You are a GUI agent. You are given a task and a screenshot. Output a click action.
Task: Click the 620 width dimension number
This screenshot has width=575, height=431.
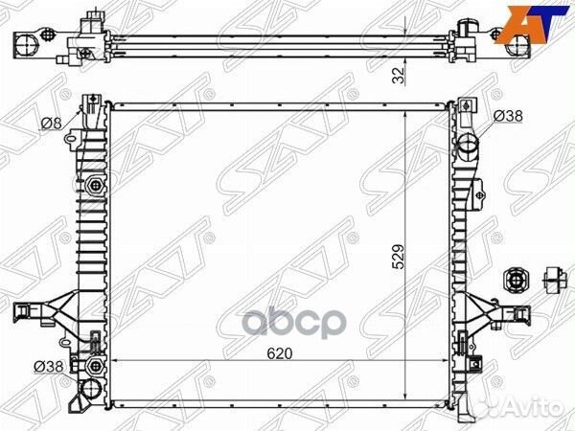[281, 353]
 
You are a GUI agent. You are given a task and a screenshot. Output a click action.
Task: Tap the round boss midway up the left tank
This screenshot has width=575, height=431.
[94, 184]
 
